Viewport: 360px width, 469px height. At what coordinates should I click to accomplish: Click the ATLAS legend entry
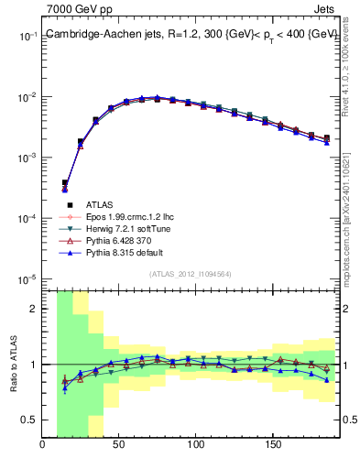[x=101, y=204]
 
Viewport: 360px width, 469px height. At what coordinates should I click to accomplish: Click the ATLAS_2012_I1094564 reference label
[x=191, y=274]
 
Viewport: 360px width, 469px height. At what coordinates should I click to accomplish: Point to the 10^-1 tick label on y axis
[x=28, y=37]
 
